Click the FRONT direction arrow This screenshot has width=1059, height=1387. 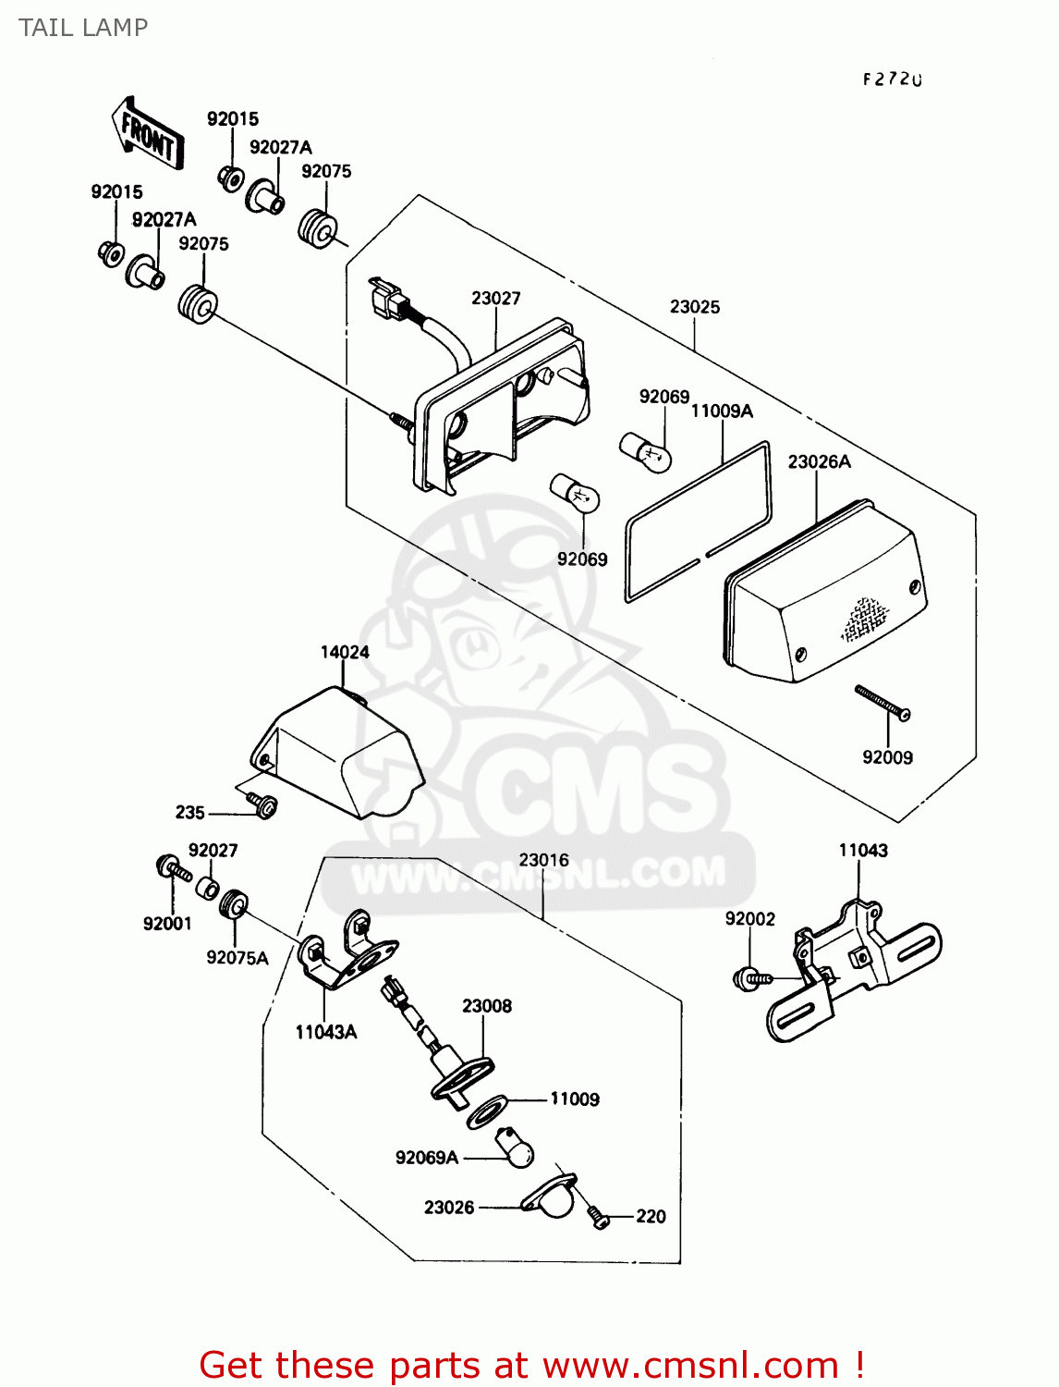click(x=149, y=134)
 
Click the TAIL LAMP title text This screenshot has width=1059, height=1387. click(x=83, y=28)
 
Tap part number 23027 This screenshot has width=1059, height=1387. click(x=495, y=298)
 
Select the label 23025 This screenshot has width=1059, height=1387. click(x=695, y=306)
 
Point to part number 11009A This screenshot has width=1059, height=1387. click(x=722, y=411)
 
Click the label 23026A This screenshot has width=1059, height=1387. click(x=819, y=461)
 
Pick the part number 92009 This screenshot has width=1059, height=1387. click(x=887, y=757)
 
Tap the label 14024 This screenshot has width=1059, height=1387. click(x=345, y=652)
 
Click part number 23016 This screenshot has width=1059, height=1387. click(x=543, y=860)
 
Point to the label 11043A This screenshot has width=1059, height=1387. click(x=325, y=1032)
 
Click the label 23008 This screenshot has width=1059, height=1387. click(x=487, y=1006)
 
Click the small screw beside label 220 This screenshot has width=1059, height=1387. click(x=598, y=1217)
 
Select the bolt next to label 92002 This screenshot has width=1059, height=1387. click(x=750, y=976)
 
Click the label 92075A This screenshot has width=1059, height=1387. click(x=237, y=958)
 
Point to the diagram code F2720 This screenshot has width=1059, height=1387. click(x=893, y=80)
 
